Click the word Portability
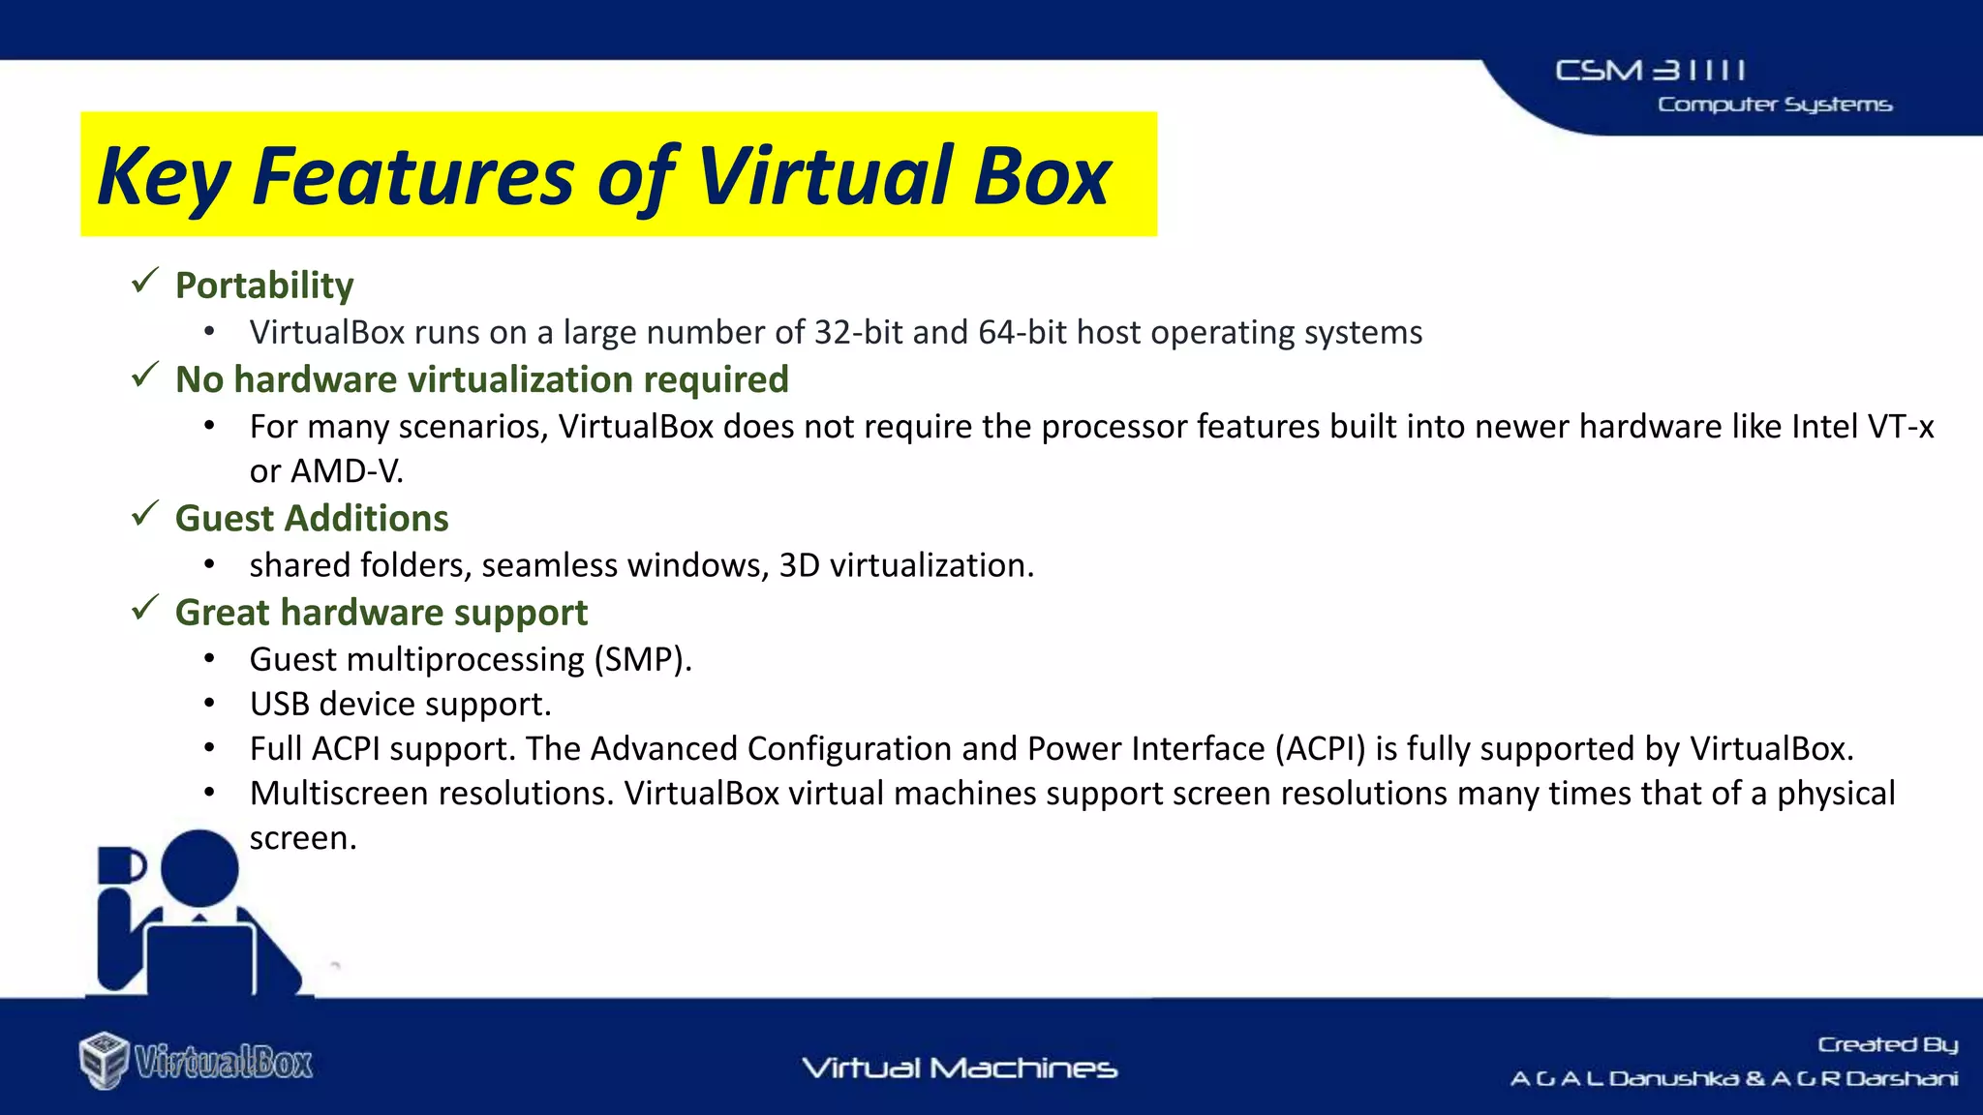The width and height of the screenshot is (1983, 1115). [x=264, y=286]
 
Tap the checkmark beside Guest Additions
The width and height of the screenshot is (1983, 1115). [x=145, y=514]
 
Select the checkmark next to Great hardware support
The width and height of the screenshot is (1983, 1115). [x=145, y=608]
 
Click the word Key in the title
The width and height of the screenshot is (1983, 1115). [x=164, y=177]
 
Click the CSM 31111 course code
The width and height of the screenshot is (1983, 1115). [x=1650, y=71]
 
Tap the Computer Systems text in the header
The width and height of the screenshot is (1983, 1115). [x=1774, y=105]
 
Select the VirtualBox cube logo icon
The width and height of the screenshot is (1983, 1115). [x=104, y=1060]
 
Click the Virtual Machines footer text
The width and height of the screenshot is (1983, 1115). [x=960, y=1068]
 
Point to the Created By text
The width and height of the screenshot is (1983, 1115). [x=1887, y=1044]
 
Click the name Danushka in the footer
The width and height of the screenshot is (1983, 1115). [x=1673, y=1078]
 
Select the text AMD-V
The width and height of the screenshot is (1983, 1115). [x=346, y=471]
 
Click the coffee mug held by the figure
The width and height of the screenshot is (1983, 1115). [x=120, y=865]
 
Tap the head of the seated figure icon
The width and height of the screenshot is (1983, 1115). [x=199, y=867]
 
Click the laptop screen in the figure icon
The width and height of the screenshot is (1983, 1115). [x=200, y=958]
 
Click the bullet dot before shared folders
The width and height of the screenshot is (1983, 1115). [x=209, y=565]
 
